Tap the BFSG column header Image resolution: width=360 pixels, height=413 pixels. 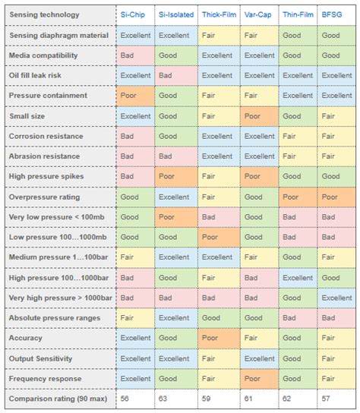[332, 14]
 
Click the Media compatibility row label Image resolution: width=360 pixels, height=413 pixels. [46, 55]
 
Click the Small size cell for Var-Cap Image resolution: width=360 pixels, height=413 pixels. [258, 116]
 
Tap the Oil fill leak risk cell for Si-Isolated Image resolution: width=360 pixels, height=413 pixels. [175, 76]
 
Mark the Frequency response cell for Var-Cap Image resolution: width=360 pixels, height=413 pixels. [258, 377]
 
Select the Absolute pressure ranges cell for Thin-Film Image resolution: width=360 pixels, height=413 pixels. [298, 317]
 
